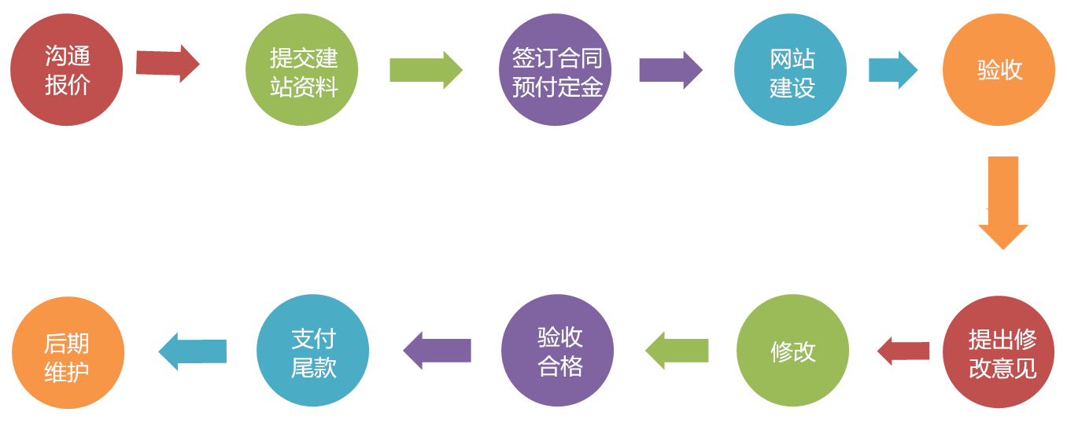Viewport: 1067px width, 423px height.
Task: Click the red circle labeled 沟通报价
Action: click(67, 69)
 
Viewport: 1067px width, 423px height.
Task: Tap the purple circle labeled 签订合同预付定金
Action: click(555, 69)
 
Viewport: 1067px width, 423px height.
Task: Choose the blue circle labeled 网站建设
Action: click(790, 69)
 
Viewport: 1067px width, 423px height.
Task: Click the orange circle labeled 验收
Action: click(999, 69)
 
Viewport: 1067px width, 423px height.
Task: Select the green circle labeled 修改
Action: click(792, 350)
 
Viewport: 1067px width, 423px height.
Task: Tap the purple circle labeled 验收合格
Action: click(558, 350)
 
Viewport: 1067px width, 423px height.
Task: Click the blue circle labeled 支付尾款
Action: click(313, 350)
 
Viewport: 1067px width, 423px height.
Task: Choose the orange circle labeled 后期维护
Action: click(68, 351)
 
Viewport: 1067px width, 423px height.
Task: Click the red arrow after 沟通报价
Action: click(167, 64)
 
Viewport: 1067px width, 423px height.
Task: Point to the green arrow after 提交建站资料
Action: click(425, 70)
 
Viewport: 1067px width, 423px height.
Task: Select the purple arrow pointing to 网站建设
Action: click(670, 70)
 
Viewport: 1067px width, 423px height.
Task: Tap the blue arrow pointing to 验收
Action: click(892, 70)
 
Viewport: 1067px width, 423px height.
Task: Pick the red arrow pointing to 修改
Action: click(903, 351)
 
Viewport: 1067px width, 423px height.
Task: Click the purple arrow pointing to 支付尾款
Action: click(437, 351)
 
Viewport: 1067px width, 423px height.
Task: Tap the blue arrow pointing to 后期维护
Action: click(193, 351)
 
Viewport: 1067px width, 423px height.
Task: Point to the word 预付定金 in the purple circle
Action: click(555, 85)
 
